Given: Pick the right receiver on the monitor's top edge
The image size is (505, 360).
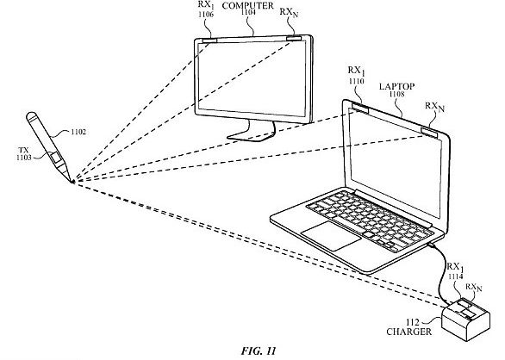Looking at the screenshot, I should click(x=295, y=39).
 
